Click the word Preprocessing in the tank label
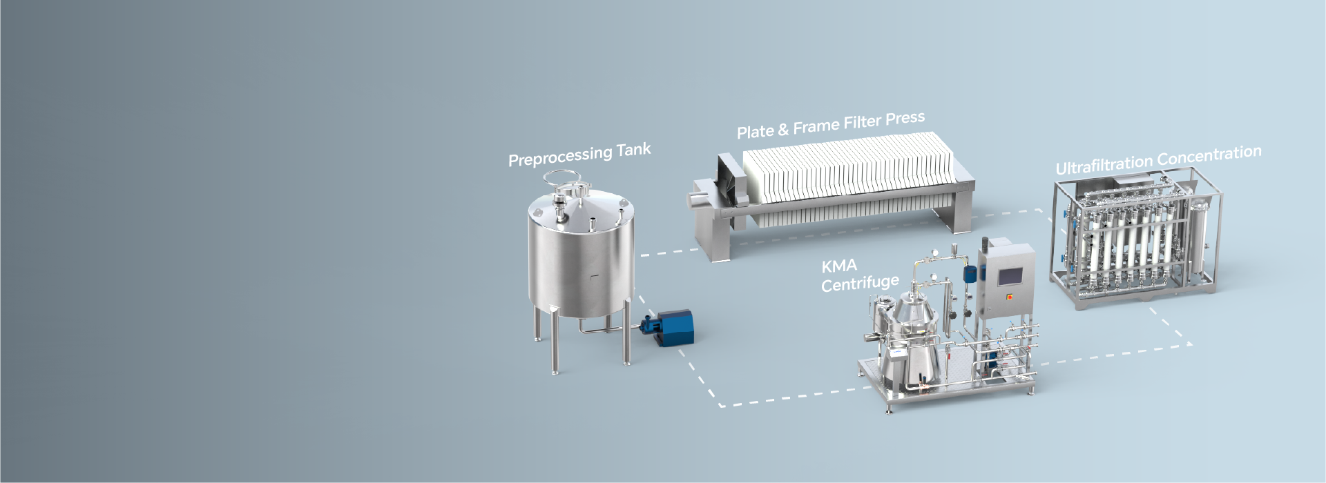[x=560, y=157]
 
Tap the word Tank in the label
[x=634, y=150]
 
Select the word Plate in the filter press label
[x=755, y=131]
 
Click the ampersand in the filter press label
[x=783, y=129]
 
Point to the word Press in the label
[x=905, y=119]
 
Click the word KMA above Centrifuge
[x=839, y=266]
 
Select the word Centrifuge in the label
[x=860, y=283]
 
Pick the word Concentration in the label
[x=1209, y=155]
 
